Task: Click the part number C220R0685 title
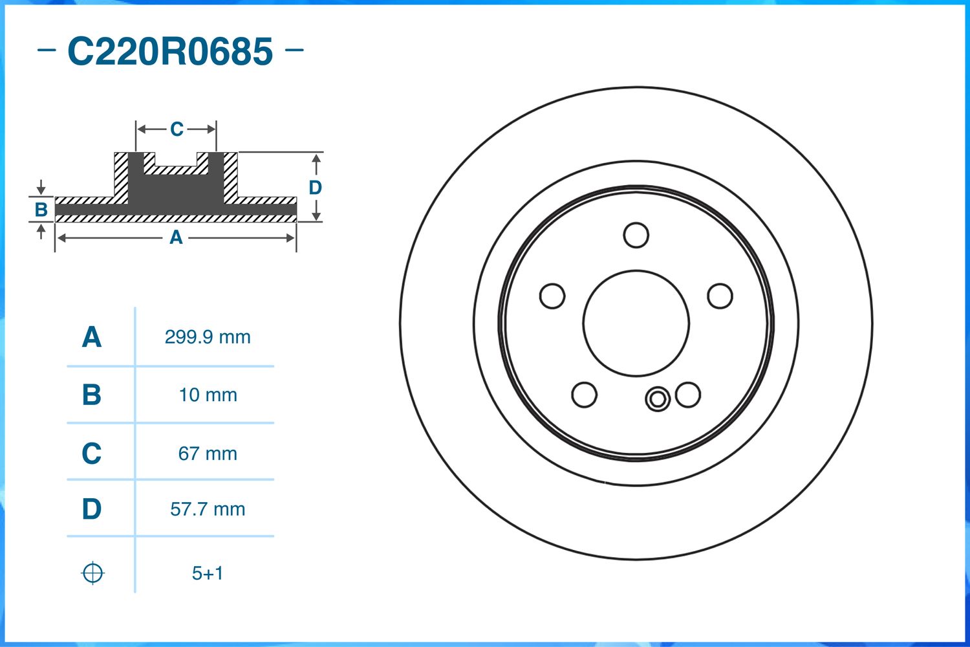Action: (170, 52)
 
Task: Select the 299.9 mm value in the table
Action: (208, 337)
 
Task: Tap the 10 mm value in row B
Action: (208, 395)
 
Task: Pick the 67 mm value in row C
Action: (208, 454)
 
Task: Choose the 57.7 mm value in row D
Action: (208, 509)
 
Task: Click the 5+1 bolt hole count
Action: (208, 573)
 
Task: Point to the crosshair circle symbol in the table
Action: (92, 573)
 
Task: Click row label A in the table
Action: (92, 337)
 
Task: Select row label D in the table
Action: (92, 509)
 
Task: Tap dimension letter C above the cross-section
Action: (177, 129)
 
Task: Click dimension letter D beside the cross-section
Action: (315, 188)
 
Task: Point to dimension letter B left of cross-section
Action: (41, 210)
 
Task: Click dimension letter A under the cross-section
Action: (176, 238)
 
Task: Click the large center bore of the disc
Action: (636, 323)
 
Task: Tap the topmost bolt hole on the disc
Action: (636, 236)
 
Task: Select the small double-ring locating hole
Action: (658, 399)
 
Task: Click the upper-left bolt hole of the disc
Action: (552, 296)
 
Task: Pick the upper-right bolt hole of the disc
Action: (720, 296)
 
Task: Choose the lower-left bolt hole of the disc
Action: (585, 395)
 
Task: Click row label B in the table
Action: (92, 395)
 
